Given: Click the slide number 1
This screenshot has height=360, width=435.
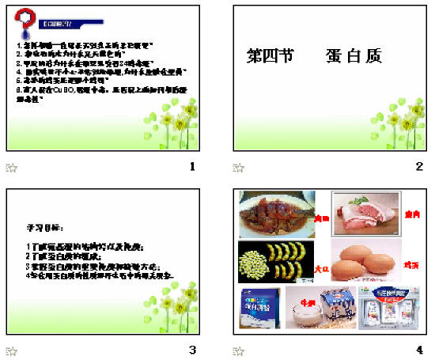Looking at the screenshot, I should (192, 167).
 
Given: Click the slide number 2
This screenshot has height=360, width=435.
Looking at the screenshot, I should (419, 167).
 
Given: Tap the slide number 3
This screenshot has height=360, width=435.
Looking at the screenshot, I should (192, 350).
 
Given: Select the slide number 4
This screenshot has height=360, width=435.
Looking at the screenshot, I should (419, 350).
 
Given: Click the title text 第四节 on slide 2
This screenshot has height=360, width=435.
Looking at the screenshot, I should (269, 56).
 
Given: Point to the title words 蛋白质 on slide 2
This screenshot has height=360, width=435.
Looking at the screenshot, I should (353, 56).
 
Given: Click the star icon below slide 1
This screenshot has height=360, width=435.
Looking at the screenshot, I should (12, 168).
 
